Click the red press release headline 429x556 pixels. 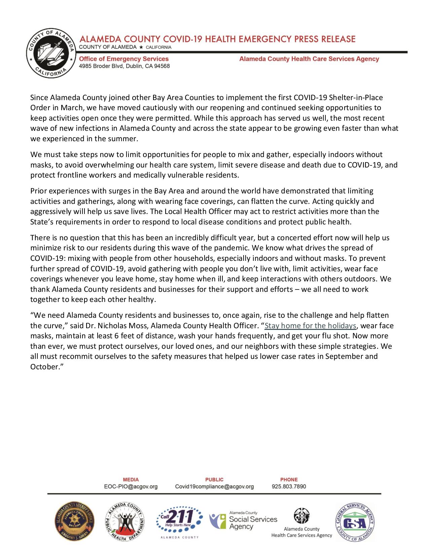217,39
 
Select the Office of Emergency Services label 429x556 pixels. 123,59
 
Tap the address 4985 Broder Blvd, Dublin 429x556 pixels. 124,66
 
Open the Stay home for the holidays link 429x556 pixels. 310,326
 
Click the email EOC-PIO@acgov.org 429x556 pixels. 131,487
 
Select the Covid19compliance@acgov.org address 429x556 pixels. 214,487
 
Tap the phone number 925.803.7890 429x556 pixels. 289,487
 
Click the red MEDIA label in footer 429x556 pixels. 131,480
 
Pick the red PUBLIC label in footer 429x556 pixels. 214,480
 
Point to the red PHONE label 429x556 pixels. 289,480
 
